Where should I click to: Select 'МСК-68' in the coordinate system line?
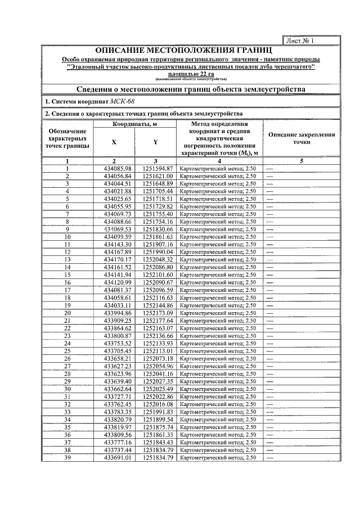(122, 101)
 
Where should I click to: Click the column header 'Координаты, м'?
(134, 124)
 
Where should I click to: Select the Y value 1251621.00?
(157, 176)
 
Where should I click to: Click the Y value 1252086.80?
(157, 267)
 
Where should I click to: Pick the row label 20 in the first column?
(67, 313)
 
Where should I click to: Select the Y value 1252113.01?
(157, 351)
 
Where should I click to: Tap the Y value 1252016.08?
(157, 404)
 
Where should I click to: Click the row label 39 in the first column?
(67, 458)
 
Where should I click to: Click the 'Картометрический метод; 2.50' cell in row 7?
(217, 214)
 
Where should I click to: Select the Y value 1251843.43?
(157, 443)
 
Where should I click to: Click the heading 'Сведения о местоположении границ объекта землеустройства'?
(191, 89)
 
